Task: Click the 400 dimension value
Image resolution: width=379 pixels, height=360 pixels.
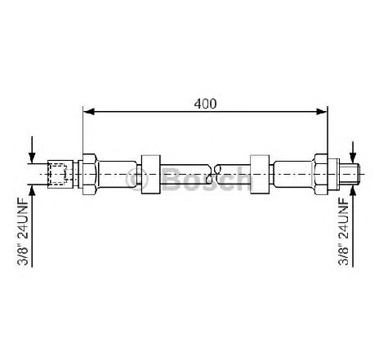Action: tap(205, 104)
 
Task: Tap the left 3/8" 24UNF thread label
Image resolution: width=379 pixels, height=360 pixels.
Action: tap(23, 231)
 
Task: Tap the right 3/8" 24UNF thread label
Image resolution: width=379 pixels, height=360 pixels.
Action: tap(344, 231)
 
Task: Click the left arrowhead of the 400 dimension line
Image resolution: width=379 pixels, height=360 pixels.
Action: tap(89, 111)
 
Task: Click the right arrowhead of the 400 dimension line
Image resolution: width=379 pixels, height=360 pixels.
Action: tap(321, 111)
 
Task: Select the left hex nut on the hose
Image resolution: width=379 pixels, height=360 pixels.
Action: tap(89, 174)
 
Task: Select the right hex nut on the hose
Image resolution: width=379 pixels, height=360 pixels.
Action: tap(321, 174)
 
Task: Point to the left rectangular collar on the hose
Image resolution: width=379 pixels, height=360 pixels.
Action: tap(151, 174)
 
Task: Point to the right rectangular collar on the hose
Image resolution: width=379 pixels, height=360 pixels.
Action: tap(260, 174)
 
